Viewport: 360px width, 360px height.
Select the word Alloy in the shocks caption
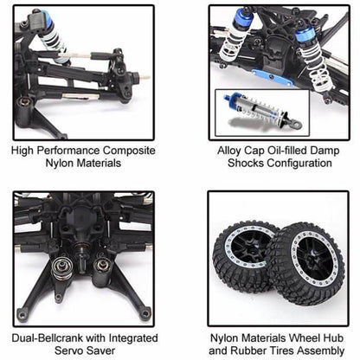tap(232, 150)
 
